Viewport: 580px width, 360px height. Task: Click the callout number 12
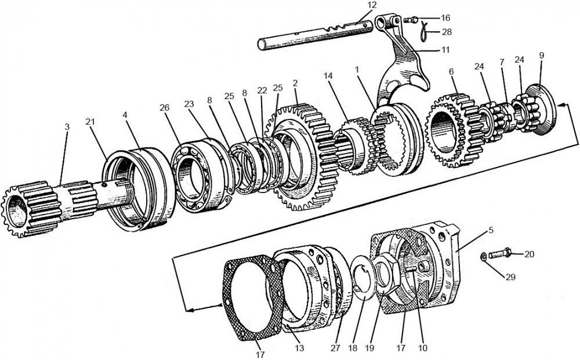[x=372, y=5]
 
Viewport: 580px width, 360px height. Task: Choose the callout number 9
[x=541, y=56]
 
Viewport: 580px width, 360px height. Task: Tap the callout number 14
[x=329, y=76]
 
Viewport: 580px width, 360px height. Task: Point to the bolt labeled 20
[x=500, y=253]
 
